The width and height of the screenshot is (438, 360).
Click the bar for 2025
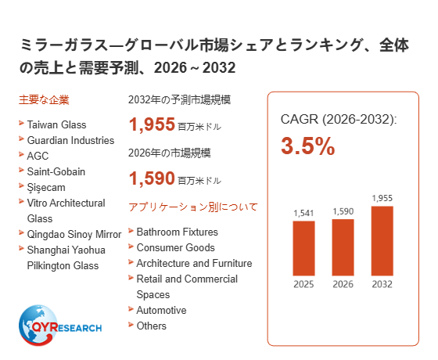[x=303, y=248]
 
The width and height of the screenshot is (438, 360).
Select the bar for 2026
[x=343, y=247]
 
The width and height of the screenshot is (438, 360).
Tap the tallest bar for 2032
[x=382, y=241]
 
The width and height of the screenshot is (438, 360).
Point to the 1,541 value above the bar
[x=303, y=213]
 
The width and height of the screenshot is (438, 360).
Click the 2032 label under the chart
[x=382, y=284]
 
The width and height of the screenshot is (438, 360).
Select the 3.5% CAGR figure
[x=308, y=146]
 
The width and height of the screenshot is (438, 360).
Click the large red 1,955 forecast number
[x=152, y=124]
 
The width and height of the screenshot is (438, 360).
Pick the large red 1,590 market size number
[x=152, y=178]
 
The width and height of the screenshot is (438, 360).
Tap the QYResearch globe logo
[x=60, y=326]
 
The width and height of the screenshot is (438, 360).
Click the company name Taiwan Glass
[x=56, y=124]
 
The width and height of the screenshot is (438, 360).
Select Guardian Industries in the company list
[x=70, y=140]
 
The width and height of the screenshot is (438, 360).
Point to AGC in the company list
[x=38, y=156]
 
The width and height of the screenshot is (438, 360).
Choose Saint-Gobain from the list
[x=56, y=171]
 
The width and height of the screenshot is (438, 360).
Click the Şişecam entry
[x=46, y=188]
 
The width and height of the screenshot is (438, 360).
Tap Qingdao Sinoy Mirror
[x=74, y=234]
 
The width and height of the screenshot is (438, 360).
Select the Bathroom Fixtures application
[x=177, y=232]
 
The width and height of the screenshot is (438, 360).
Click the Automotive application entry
[x=161, y=310]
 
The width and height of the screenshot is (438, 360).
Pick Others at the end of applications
[x=151, y=326]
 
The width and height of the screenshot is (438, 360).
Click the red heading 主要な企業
[x=44, y=100]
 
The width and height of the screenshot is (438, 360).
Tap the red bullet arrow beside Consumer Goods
[x=131, y=247]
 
